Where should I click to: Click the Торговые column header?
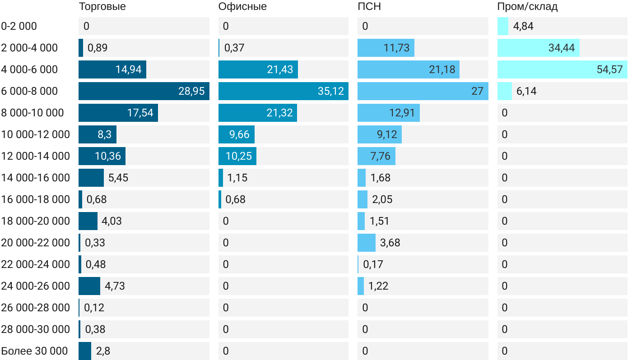pos(102,6)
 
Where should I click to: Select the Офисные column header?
pos(242,6)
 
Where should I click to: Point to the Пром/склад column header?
pos(527,6)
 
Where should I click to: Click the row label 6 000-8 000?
pos(29,91)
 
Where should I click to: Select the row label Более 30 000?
pos(34,351)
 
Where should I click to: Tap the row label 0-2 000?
pos(19,26)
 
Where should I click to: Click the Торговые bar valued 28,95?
pos(144,91)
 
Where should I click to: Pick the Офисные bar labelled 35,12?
pos(283,91)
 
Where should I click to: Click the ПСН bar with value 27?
pos(423,91)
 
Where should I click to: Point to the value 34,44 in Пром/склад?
pos(561,48)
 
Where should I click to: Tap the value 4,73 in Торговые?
pos(115,286)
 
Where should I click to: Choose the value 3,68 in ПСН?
pos(390,243)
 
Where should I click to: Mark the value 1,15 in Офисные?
pos(237,178)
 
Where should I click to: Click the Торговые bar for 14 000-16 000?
pos(91,178)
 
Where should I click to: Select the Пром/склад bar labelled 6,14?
pos(504,91)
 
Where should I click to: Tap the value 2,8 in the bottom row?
pos(103,351)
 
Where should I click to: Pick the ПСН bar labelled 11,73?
pos(386,48)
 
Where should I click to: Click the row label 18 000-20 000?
pos(36,221)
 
